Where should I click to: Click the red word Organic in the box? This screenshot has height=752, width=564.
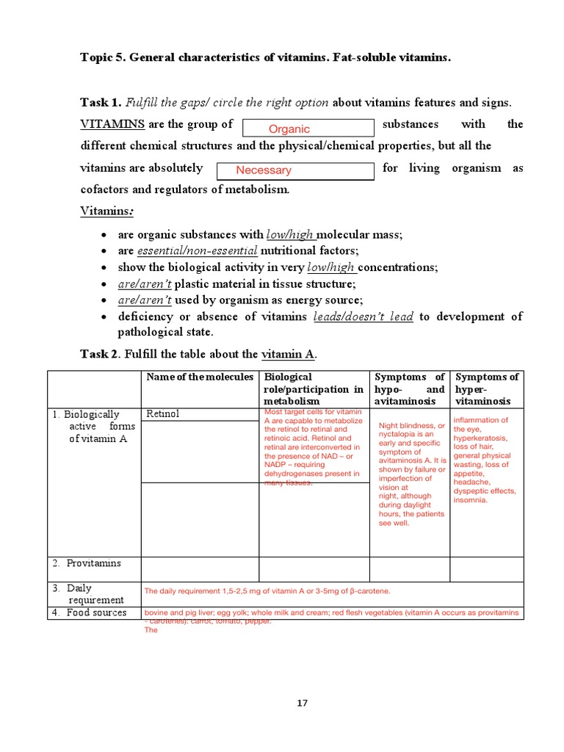point(289,129)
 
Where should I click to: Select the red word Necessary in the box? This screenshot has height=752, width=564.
point(264,170)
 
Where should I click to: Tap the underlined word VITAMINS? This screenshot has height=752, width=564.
point(112,124)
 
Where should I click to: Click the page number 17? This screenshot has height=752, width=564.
point(303,703)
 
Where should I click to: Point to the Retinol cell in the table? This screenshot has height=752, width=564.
point(162,414)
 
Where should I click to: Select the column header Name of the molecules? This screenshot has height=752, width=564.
point(199,377)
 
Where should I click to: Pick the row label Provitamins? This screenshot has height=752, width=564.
point(93,563)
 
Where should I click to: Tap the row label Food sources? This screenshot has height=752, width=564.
point(95,612)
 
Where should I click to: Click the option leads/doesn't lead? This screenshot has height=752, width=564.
point(363,317)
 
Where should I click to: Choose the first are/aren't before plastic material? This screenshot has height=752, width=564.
point(145,284)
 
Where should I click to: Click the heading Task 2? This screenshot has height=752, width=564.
point(99,355)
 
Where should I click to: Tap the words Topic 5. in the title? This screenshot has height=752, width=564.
point(103,58)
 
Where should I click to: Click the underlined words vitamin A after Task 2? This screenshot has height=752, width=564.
point(287,355)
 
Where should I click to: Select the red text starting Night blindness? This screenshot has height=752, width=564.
point(411,474)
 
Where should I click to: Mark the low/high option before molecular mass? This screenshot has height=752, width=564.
point(290,235)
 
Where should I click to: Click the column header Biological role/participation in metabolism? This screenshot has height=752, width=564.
point(314,389)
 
